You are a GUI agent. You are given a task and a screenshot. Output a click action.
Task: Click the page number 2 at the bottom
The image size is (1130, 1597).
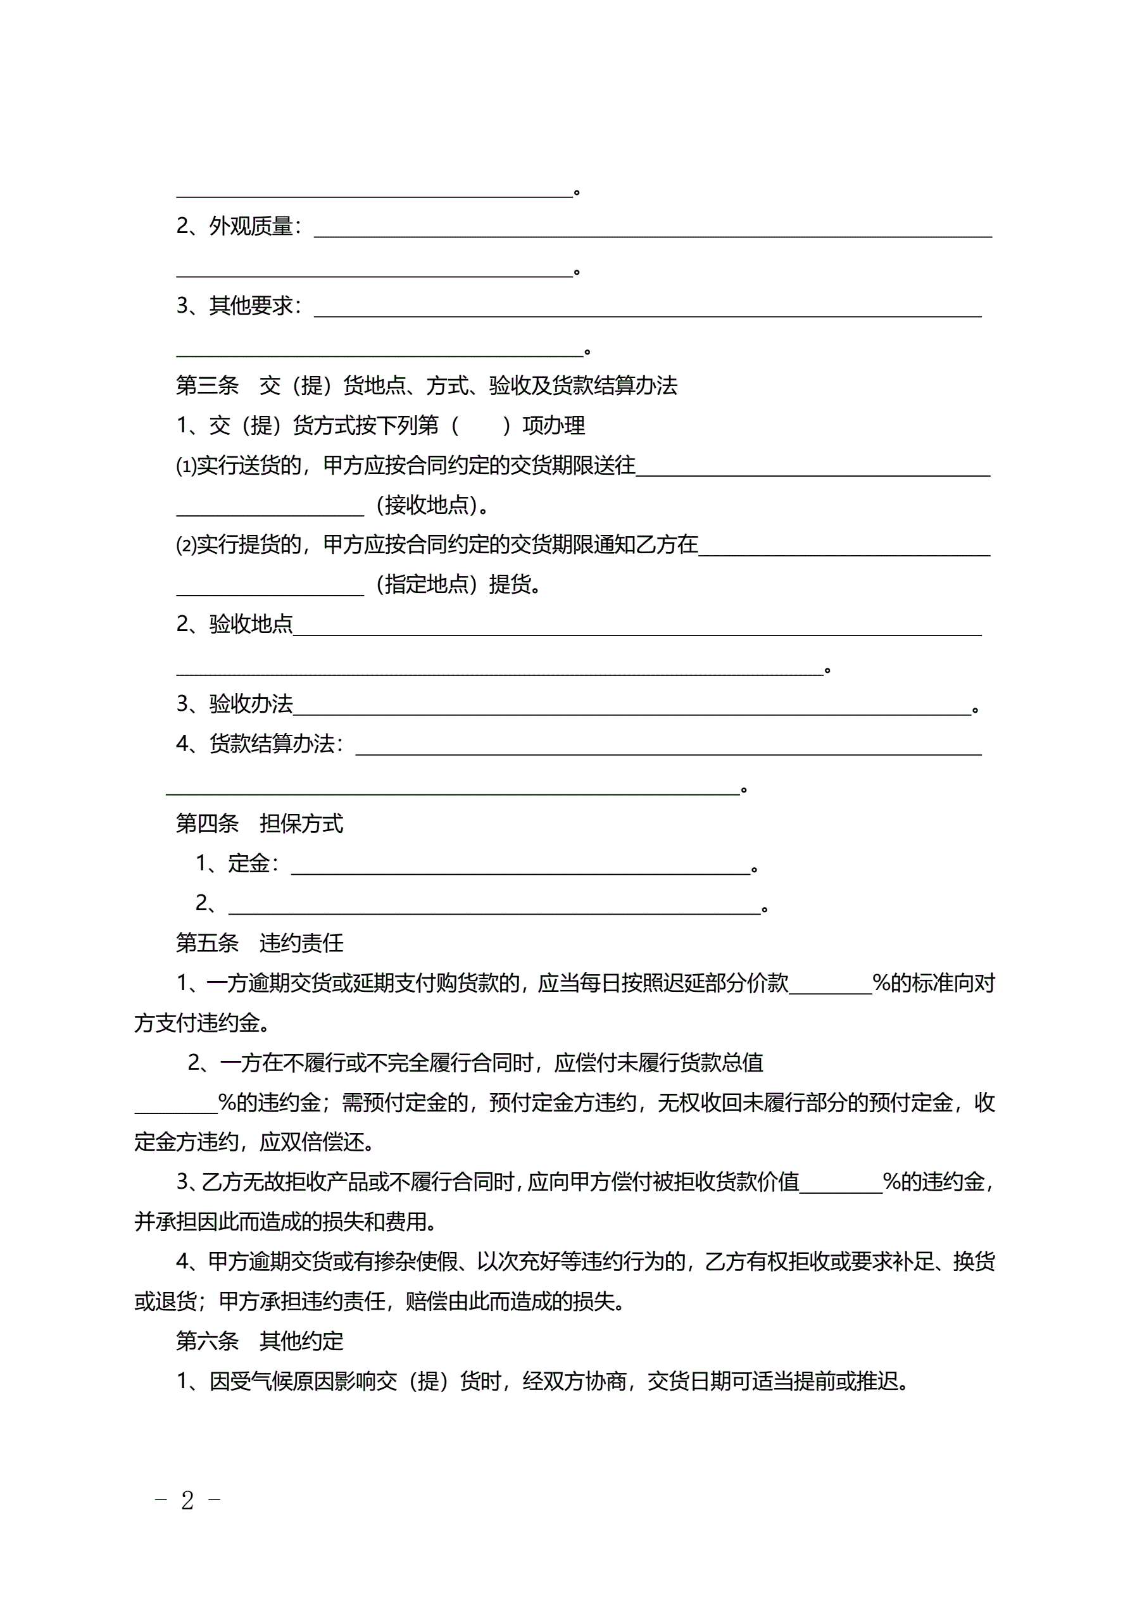pyautogui.click(x=187, y=1500)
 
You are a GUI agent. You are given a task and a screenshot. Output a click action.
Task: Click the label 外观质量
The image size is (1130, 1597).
pyautogui.click(x=251, y=226)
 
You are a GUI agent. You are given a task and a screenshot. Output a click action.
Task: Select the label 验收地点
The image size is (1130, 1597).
pyautogui.click(x=251, y=624)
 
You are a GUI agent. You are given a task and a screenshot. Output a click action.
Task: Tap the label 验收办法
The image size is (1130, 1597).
pyautogui.click(x=251, y=704)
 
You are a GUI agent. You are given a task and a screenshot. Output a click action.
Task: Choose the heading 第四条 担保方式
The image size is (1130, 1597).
pyautogui.click(x=260, y=824)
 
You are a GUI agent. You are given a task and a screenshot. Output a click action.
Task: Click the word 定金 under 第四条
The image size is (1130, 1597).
pyautogui.click(x=248, y=863)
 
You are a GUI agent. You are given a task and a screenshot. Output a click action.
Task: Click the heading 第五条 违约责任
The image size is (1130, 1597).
pyautogui.click(x=260, y=943)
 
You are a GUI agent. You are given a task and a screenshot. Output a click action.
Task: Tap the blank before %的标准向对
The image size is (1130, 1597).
pyautogui.click(x=830, y=987)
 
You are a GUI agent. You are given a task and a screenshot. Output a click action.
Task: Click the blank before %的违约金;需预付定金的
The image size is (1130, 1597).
pyautogui.click(x=176, y=1107)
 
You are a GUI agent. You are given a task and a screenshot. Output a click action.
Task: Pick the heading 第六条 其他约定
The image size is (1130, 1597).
pyautogui.click(x=260, y=1341)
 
